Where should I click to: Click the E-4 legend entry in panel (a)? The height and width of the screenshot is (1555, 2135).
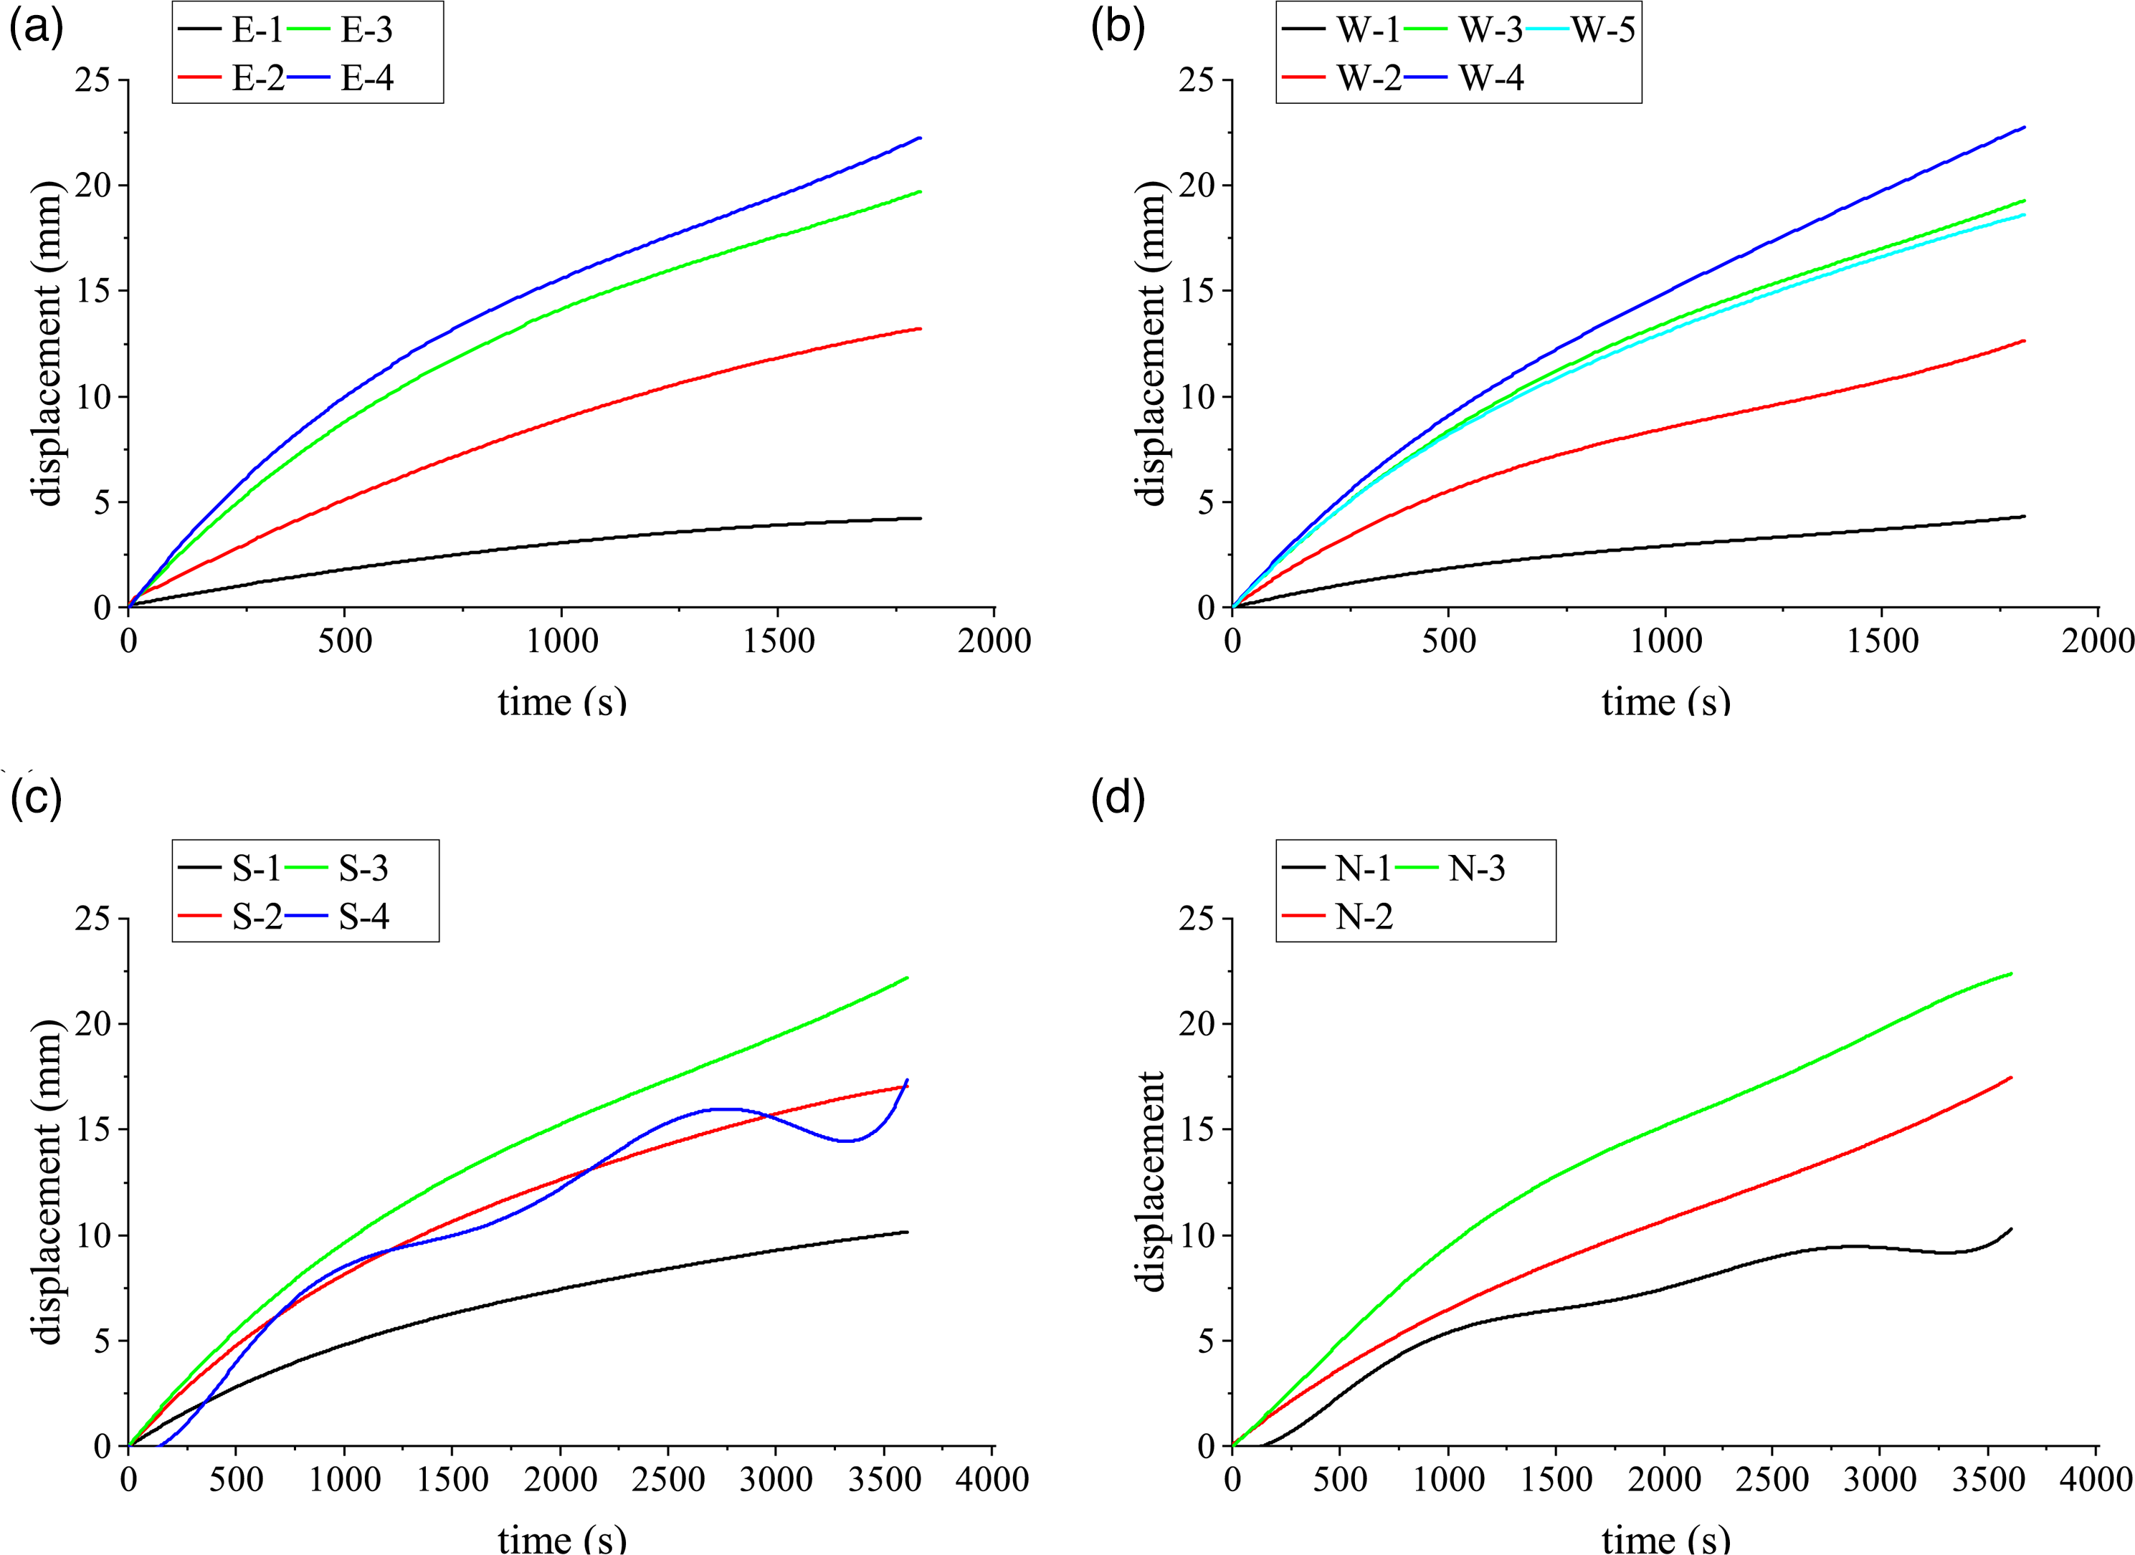coord(340,78)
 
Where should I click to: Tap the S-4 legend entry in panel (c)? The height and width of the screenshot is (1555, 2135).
coord(337,916)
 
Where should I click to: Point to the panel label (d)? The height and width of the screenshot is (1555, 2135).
coord(1118,798)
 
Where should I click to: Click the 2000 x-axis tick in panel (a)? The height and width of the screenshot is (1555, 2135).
coord(994,641)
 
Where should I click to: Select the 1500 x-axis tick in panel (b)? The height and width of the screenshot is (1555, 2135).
coord(1882,641)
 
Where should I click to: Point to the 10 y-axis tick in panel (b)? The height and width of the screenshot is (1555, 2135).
coord(1197,396)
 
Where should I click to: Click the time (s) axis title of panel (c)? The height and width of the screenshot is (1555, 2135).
coord(562,1538)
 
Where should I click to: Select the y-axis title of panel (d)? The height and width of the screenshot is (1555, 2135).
coord(1151,1182)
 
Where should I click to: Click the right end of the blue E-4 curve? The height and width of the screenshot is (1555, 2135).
coord(920,138)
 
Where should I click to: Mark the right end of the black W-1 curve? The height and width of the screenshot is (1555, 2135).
coord(2024,516)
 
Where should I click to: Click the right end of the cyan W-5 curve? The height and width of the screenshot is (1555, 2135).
coord(2024,214)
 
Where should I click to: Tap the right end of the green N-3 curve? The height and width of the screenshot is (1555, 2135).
coord(2011,973)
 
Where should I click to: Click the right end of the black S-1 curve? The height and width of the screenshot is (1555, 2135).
coord(907,1231)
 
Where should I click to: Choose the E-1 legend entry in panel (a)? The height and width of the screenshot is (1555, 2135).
coord(231,30)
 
